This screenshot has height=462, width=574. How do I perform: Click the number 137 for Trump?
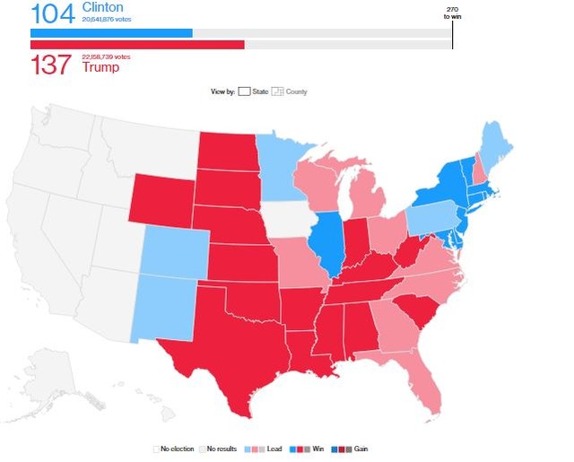click(x=50, y=64)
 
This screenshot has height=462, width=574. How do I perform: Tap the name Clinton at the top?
click(x=103, y=7)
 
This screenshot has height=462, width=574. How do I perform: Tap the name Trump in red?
click(x=99, y=65)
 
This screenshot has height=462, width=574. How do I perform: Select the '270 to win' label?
click(x=452, y=13)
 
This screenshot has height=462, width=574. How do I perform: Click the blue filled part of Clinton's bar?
click(x=111, y=33)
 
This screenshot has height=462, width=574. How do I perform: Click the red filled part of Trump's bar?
click(x=137, y=45)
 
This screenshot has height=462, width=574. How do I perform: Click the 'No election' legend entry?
click(x=176, y=448)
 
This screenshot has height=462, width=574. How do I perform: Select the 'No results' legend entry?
click(x=220, y=448)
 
